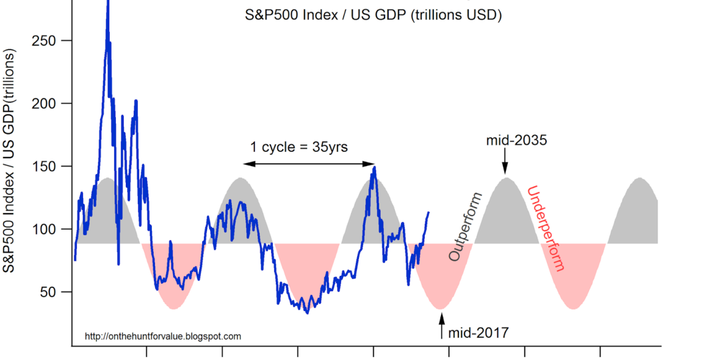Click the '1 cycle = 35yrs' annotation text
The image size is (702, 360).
[299, 146]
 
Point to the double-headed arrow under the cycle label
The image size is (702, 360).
[309, 164]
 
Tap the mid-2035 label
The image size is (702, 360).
[516, 141]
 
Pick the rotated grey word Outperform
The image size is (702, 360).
[465, 227]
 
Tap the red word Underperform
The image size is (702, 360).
[545, 229]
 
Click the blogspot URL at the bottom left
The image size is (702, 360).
[163, 337]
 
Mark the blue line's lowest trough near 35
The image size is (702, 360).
[307, 312]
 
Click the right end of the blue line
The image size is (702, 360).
[428, 212]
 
